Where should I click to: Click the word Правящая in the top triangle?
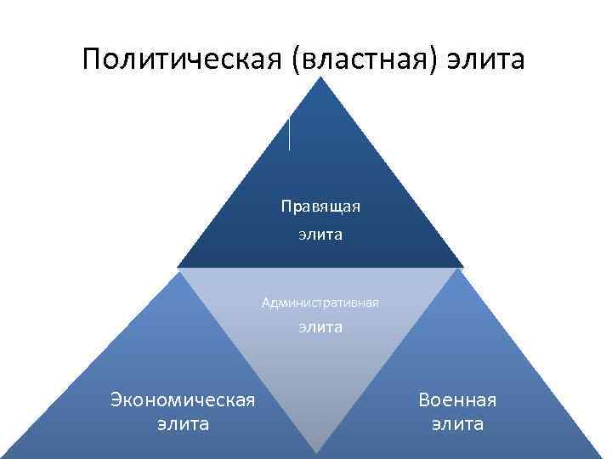(x=321, y=207)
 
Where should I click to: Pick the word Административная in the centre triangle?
(x=320, y=302)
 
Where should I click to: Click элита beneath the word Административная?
(x=320, y=326)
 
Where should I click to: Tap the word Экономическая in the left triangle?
(x=183, y=399)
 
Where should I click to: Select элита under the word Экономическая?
(x=183, y=423)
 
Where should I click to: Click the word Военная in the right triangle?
(x=457, y=399)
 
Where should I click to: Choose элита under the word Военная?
(x=457, y=423)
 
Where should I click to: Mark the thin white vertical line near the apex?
(x=290, y=134)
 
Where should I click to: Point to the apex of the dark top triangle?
(x=320, y=78)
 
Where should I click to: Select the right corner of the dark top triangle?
(x=462, y=266)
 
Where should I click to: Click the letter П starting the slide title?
(x=93, y=59)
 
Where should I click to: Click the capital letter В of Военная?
(x=424, y=399)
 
